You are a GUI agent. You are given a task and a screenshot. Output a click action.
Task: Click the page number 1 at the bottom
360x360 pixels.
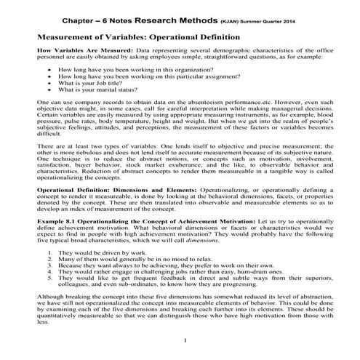[186, 340]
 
